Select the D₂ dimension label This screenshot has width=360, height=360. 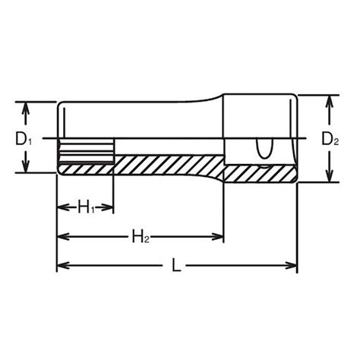(329, 140)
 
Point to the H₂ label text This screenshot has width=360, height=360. (141, 237)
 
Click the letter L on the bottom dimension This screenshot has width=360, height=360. (176, 266)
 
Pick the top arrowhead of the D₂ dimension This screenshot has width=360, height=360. (330, 102)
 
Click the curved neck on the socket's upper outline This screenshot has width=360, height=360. (220, 103)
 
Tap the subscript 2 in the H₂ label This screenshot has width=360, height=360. (146, 241)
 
